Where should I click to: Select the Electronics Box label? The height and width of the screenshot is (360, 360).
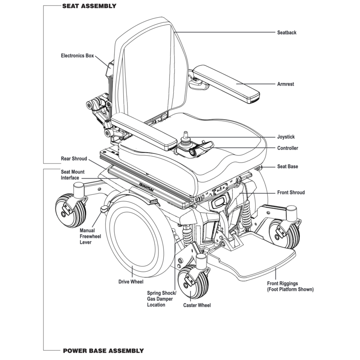(77, 56)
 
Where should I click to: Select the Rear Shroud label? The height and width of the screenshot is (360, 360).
(74, 159)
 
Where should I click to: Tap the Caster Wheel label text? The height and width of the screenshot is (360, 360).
(197, 305)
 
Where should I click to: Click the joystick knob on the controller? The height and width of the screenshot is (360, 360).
(184, 135)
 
